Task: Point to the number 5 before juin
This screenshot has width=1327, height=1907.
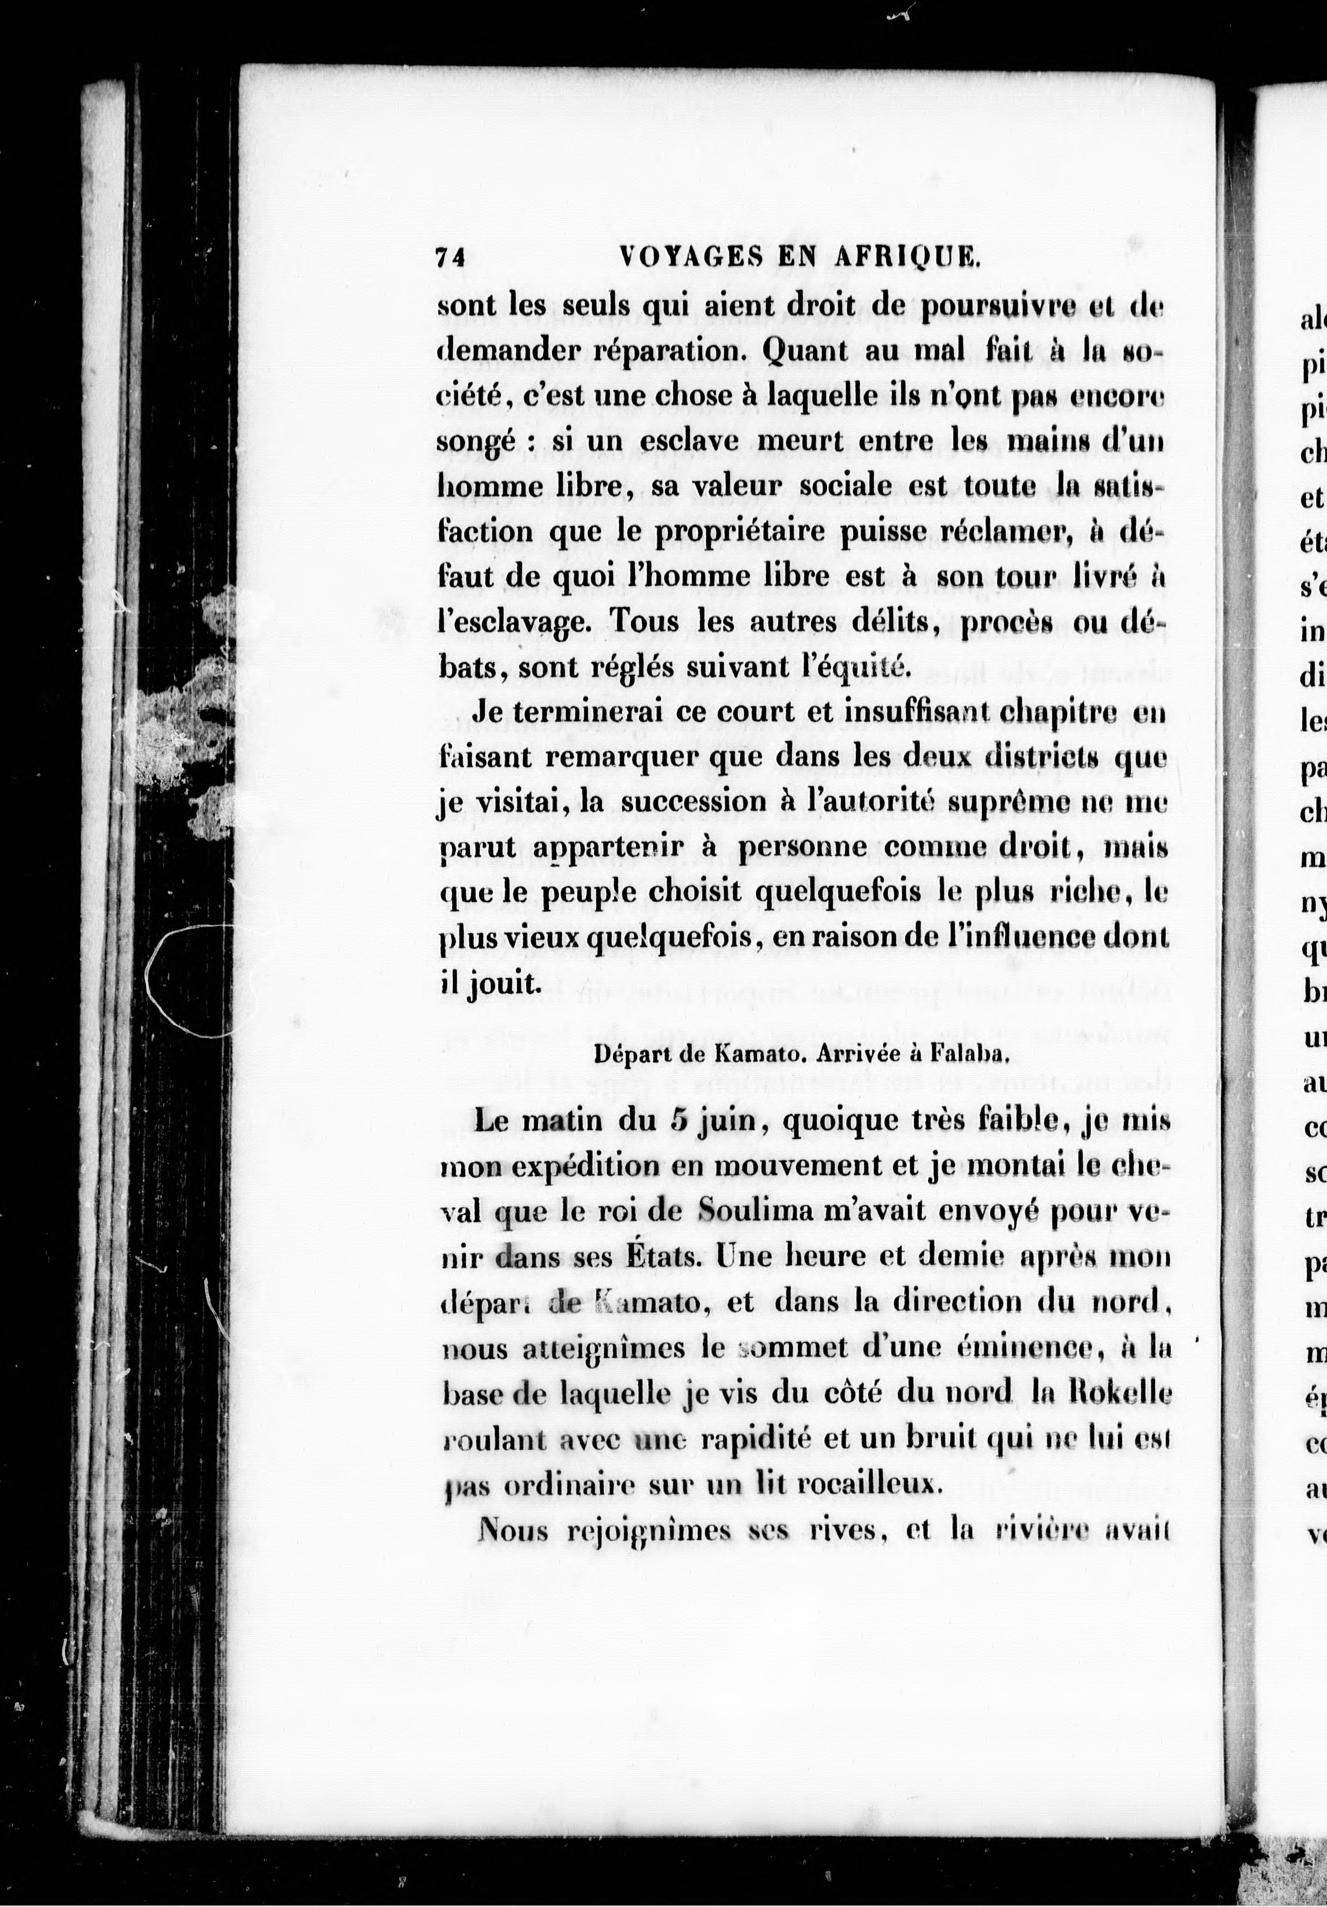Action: click(678, 1121)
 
